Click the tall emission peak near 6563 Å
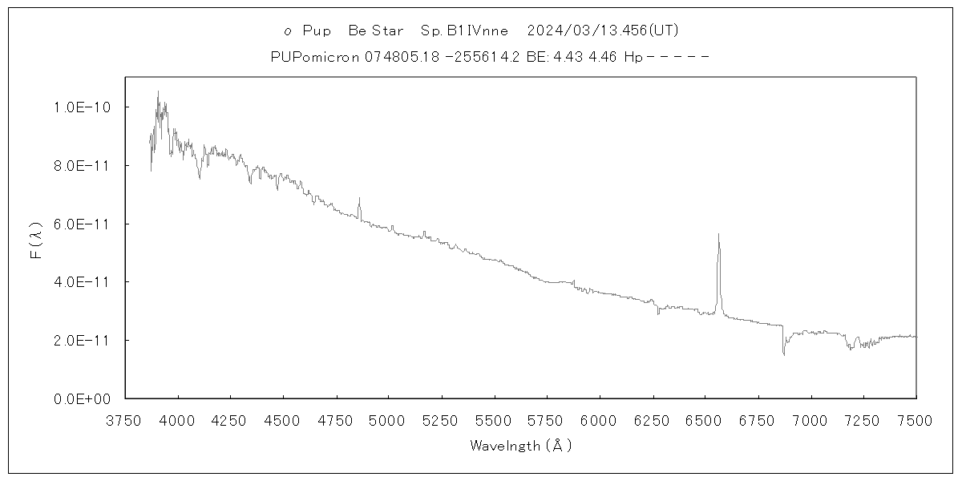coord(718,235)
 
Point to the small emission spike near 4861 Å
coord(359,198)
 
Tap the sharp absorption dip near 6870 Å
coord(783,354)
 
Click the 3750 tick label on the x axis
coord(126,421)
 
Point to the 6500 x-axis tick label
coord(705,421)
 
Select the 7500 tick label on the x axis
coord(916,421)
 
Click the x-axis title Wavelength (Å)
coord(521,446)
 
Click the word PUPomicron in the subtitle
coord(317,58)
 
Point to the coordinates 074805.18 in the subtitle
coord(396,58)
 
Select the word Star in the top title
coord(388,31)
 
